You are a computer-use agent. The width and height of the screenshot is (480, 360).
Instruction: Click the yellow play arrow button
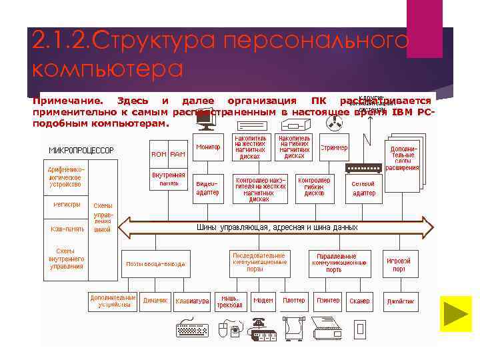pyautogui.click(x=455, y=313)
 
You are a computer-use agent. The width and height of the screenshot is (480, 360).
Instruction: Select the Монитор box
pyautogui.click(x=209, y=147)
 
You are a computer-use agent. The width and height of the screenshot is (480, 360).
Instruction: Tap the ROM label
pyautogui.click(x=159, y=154)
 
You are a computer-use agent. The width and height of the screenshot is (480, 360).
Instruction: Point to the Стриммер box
pyautogui.click(x=333, y=147)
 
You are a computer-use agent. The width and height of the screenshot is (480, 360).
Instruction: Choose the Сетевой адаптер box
pyautogui.click(x=364, y=188)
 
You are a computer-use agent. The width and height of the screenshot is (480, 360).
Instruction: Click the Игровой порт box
pyautogui.click(x=399, y=265)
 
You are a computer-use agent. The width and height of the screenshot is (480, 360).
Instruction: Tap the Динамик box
pyautogui.click(x=155, y=300)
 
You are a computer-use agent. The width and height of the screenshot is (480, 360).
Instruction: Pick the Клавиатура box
pyautogui.click(x=192, y=301)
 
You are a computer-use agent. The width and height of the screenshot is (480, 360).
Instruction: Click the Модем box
pyautogui.click(x=263, y=301)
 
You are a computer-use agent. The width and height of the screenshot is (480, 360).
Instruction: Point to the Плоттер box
pyautogui.click(x=294, y=301)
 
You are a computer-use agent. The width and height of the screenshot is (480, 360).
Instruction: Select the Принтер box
pyautogui.click(x=328, y=301)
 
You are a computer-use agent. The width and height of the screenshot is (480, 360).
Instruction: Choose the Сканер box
pyautogui.click(x=359, y=301)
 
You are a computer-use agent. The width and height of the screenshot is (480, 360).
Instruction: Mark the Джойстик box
pyautogui.click(x=401, y=301)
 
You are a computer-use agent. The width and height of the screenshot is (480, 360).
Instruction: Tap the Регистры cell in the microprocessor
pyautogui.click(x=67, y=205)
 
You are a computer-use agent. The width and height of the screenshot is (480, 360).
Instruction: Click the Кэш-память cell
pyautogui.click(x=67, y=229)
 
